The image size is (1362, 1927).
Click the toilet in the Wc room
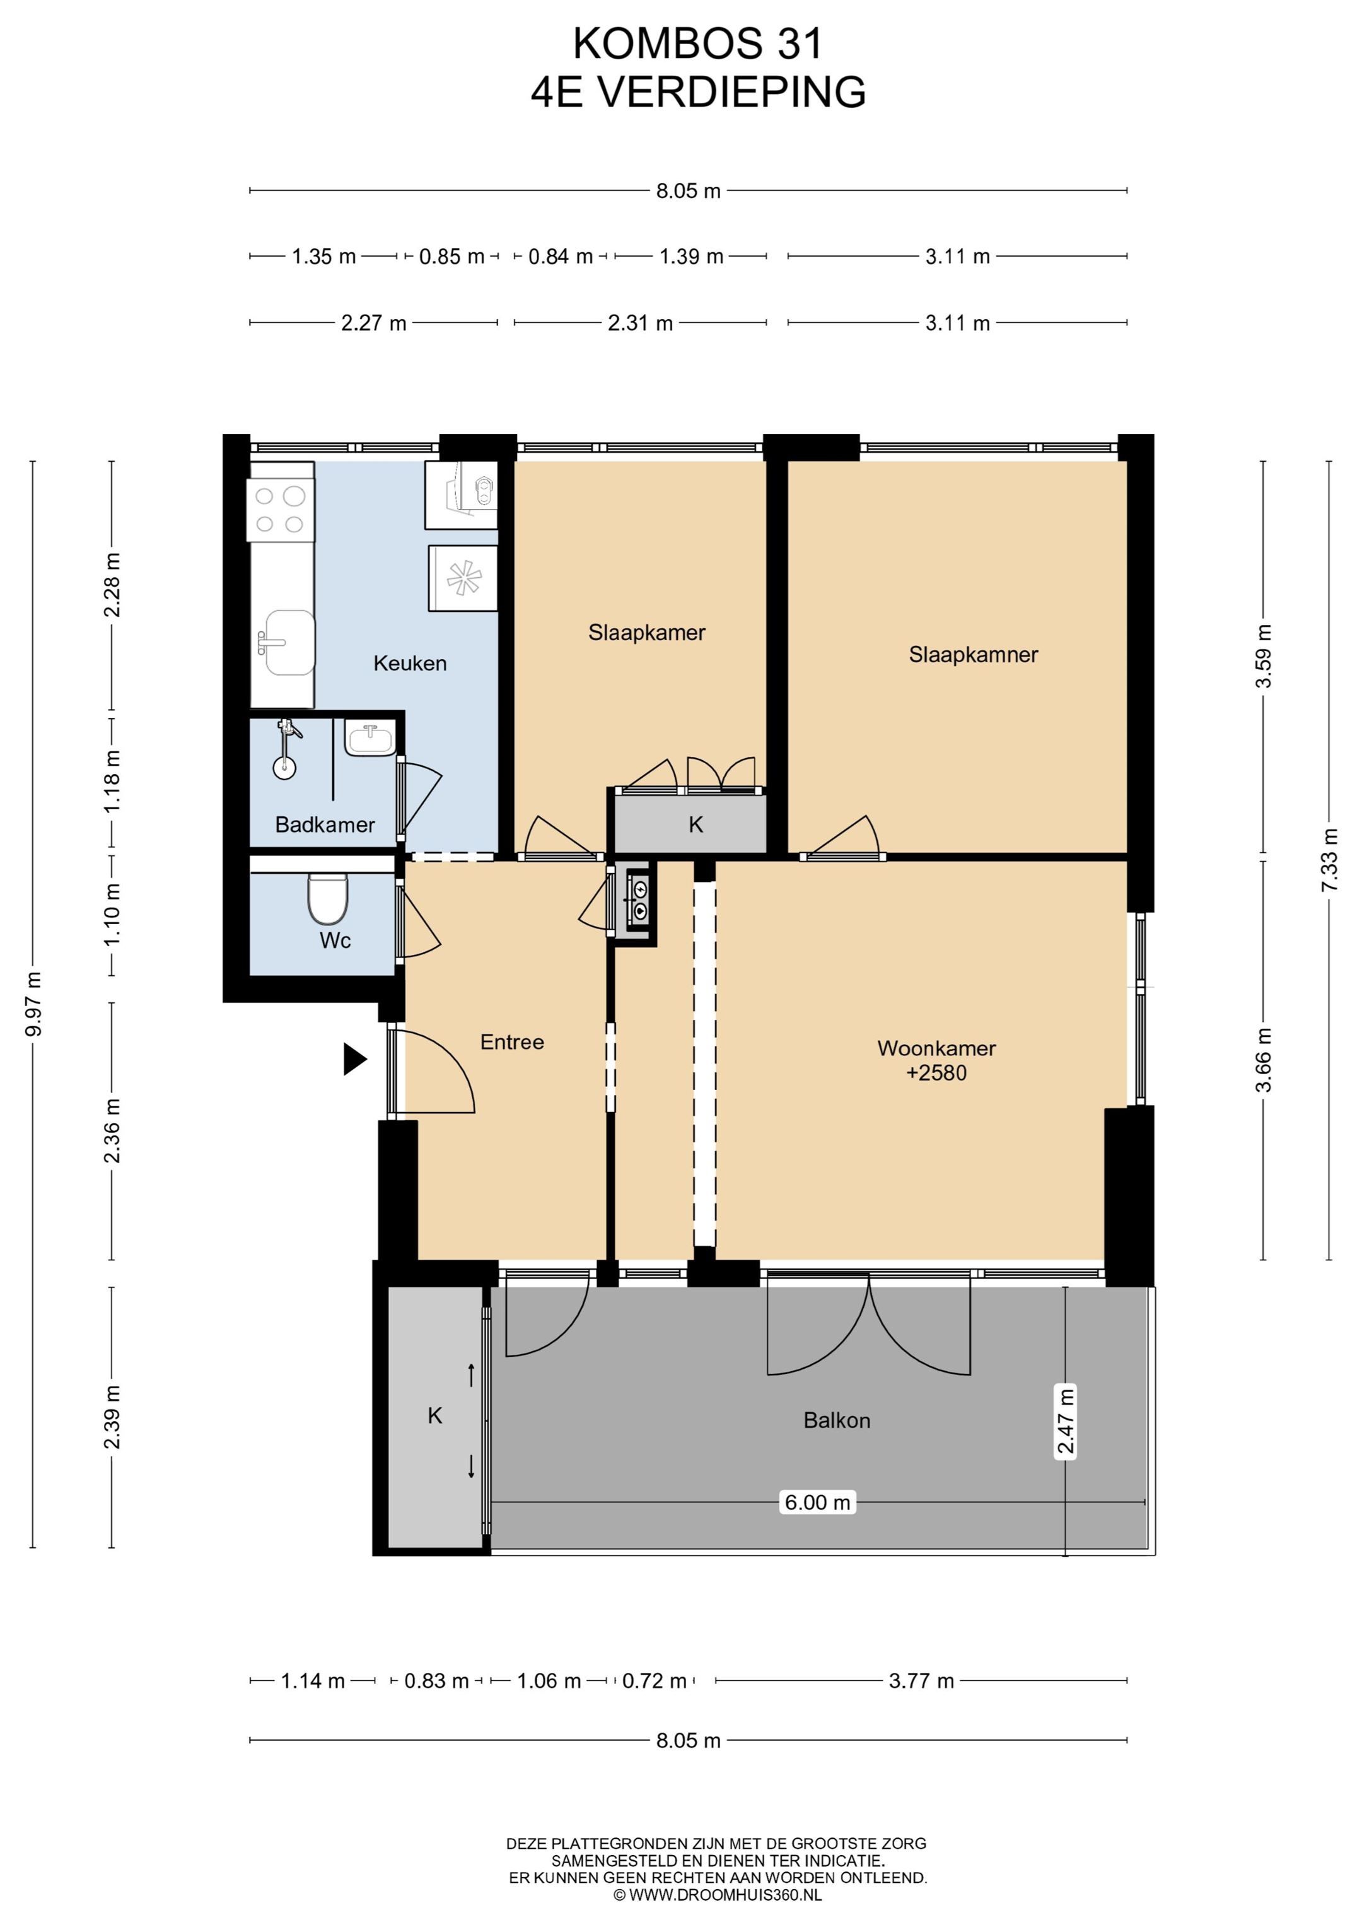click(327, 898)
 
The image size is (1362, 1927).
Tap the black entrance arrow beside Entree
click(355, 1058)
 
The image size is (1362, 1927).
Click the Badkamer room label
click(325, 824)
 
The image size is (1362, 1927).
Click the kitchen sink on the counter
click(287, 642)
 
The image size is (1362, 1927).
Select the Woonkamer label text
click(936, 1048)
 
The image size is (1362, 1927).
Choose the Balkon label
click(837, 1420)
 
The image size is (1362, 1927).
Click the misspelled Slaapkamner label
click(974, 655)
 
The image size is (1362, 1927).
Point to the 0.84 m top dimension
click(561, 256)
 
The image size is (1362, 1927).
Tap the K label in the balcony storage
click(434, 1416)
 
